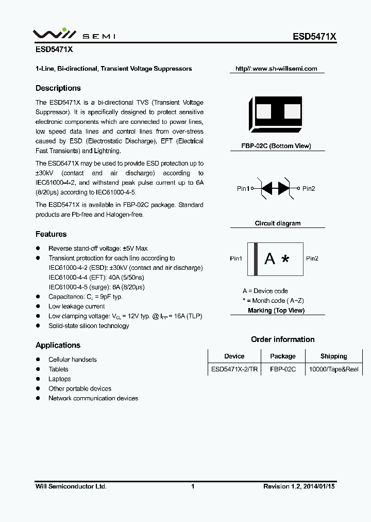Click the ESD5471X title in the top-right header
pos(314,37)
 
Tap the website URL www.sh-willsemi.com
pos(276,69)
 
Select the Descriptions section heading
pos(58,88)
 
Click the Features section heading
pos(51,234)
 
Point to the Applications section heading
pos(58,345)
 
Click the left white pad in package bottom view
pos(263,111)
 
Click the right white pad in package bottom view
pos(292,111)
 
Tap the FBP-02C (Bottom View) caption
pos(276,146)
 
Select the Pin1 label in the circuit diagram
pos(243,189)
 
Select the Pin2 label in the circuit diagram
pos(309,189)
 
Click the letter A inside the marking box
pos(269,259)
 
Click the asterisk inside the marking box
pos(285,259)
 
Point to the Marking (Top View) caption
pos(276,311)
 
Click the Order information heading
pos(282,339)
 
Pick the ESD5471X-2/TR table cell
pos(234,370)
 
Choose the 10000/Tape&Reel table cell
pos(333,370)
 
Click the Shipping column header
pos(333,356)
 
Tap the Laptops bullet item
pos(59,379)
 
